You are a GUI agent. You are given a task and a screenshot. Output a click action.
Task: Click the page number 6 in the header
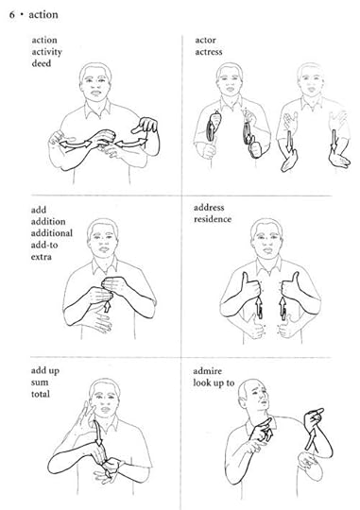[12, 14]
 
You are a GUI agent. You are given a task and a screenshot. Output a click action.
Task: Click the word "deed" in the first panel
[42, 63]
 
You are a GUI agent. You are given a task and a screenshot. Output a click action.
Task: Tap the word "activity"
[47, 52]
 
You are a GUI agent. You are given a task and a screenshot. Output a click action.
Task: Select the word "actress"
[209, 52]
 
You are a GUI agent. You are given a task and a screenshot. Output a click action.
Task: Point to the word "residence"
[213, 219]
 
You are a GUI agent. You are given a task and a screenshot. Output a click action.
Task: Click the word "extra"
[42, 257]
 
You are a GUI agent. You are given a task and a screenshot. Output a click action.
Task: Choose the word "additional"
[52, 233]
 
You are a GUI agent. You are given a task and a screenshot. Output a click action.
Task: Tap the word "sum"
[40, 382]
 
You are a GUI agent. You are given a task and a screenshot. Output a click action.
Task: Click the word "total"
[41, 394]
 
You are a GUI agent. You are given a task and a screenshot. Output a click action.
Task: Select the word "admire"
[207, 371]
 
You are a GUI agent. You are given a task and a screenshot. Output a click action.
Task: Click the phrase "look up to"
[214, 383]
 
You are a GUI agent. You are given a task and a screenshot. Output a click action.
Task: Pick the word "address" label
[209, 208]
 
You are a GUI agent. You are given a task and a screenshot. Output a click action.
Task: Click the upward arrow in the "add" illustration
[107, 306]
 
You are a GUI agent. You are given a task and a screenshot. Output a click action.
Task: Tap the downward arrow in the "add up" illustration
[98, 433]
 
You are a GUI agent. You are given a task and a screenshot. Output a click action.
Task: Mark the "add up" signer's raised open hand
[82, 420]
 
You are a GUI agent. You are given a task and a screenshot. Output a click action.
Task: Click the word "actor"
[205, 41]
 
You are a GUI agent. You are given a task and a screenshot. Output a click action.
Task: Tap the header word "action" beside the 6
[43, 14]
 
